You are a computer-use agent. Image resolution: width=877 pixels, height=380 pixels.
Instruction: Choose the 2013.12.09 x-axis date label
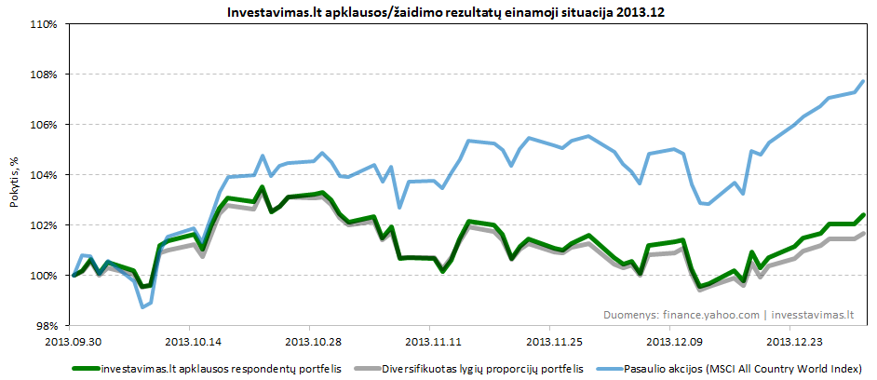(x=670, y=342)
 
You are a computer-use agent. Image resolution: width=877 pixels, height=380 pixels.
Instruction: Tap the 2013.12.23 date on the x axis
(x=790, y=342)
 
